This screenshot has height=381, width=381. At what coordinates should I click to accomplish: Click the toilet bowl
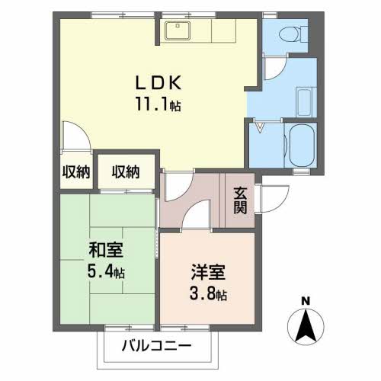[x=290, y=33]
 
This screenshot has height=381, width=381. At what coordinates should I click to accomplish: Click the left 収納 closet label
[x=75, y=171]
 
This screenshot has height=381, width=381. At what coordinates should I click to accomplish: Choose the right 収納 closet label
[x=126, y=171]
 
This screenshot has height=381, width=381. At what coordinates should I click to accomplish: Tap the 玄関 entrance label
[x=240, y=200]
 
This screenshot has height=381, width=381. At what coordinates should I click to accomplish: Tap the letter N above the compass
[x=304, y=300]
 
